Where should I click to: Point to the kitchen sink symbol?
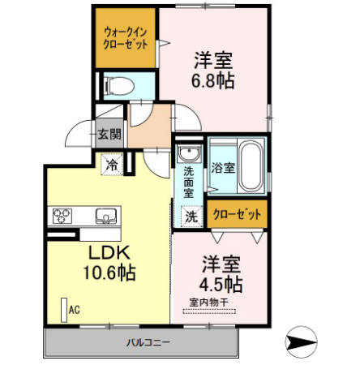[106, 216]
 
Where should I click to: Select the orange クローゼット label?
[238, 215]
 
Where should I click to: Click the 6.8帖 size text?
[214, 81]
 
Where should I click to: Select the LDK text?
[105, 251]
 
